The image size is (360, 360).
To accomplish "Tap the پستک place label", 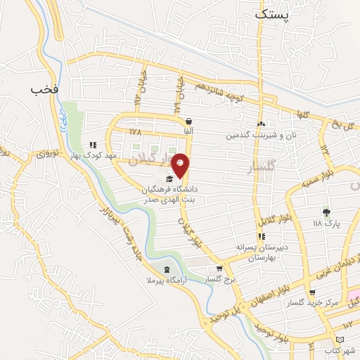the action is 272,14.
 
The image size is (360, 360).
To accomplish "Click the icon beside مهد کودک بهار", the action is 92,145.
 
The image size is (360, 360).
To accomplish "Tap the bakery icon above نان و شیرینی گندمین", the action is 261,124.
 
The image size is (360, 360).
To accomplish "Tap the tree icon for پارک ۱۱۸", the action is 326,212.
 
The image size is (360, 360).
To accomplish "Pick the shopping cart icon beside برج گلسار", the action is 219,268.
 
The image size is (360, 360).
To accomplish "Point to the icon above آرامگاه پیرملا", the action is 166,270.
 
